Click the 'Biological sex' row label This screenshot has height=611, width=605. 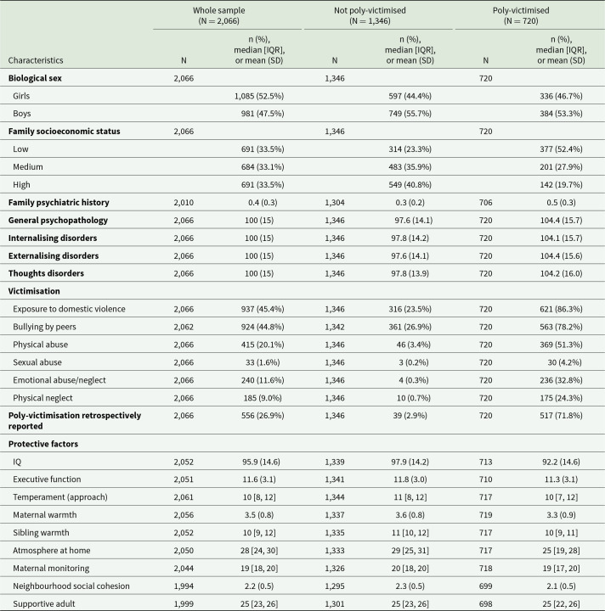click(x=39, y=77)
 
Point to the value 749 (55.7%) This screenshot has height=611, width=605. click(x=415, y=113)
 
